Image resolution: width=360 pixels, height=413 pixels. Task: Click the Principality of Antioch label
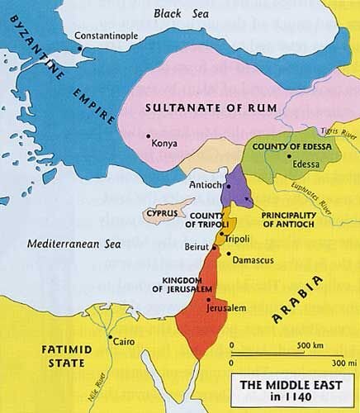coord(282,220)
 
